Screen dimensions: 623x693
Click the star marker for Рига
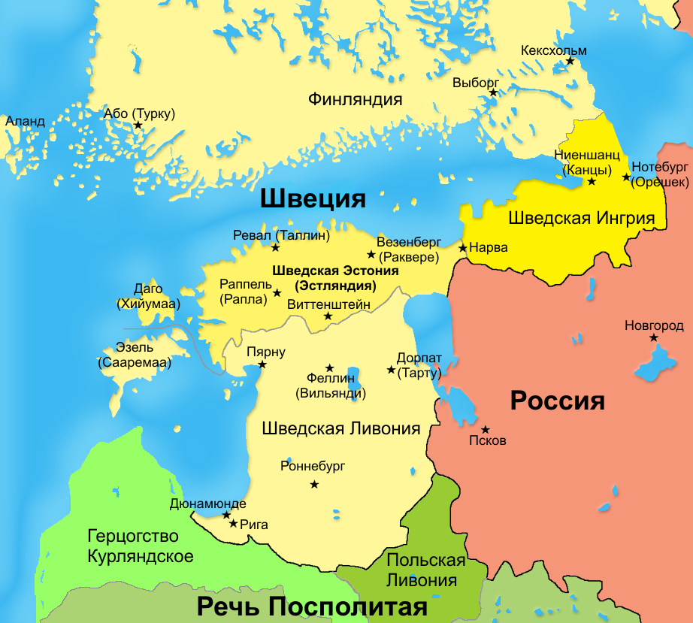[234, 524]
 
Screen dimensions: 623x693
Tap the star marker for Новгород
[654, 338]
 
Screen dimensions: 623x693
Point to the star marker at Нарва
[463, 247]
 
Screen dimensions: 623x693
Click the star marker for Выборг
[493, 93]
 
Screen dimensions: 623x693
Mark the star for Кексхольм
[570, 61]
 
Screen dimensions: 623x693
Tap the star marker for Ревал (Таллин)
[276, 247]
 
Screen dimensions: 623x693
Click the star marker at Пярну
[262, 364]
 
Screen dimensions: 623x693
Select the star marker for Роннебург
[314, 484]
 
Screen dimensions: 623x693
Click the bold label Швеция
[313, 199]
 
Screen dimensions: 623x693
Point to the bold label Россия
[557, 401]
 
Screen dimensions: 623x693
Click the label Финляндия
[356, 99]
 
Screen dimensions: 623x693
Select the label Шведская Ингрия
[581, 219]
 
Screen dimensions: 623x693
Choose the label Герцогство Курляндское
[140, 546]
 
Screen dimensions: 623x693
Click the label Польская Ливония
[425, 570]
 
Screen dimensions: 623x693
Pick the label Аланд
[25, 121]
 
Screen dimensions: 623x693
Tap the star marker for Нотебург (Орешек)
[626, 177]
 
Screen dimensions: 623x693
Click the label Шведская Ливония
[340, 428]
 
